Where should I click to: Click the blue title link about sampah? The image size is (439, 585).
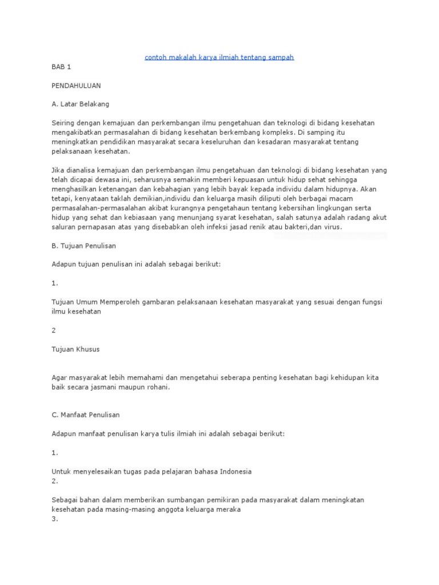click(219, 58)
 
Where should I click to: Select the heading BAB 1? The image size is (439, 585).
click(61, 67)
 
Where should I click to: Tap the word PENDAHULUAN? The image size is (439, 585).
click(75, 86)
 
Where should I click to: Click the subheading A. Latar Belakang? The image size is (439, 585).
click(80, 105)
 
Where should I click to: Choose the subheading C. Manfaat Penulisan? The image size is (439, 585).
click(86, 415)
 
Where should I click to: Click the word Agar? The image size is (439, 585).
click(59, 378)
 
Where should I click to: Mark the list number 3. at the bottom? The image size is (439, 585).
click(55, 519)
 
